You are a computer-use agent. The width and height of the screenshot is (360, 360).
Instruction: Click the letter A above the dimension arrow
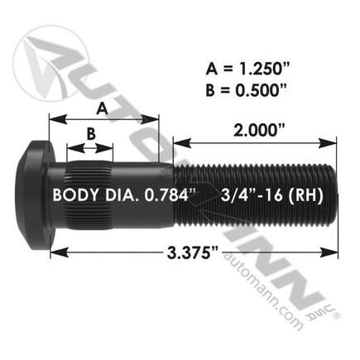click(102, 106)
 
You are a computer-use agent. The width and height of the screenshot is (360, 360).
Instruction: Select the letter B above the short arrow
click(91, 133)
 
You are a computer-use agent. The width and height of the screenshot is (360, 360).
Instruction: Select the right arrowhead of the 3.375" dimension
click(335, 251)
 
